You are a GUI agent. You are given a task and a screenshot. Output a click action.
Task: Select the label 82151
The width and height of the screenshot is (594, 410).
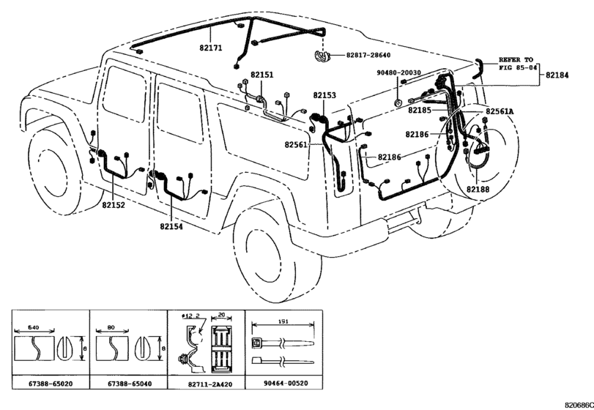tap(260, 75)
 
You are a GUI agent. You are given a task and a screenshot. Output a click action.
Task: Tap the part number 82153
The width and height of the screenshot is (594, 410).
tap(324, 96)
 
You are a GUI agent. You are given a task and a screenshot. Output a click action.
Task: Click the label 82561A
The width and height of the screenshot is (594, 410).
tap(499, 111)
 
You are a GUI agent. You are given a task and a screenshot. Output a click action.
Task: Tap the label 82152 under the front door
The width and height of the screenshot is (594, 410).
tap(113, 206)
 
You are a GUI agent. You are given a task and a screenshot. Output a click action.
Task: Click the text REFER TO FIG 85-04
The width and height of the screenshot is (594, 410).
tap(518, 62)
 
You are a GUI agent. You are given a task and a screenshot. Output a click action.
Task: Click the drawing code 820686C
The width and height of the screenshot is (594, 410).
tap(577, 404)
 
